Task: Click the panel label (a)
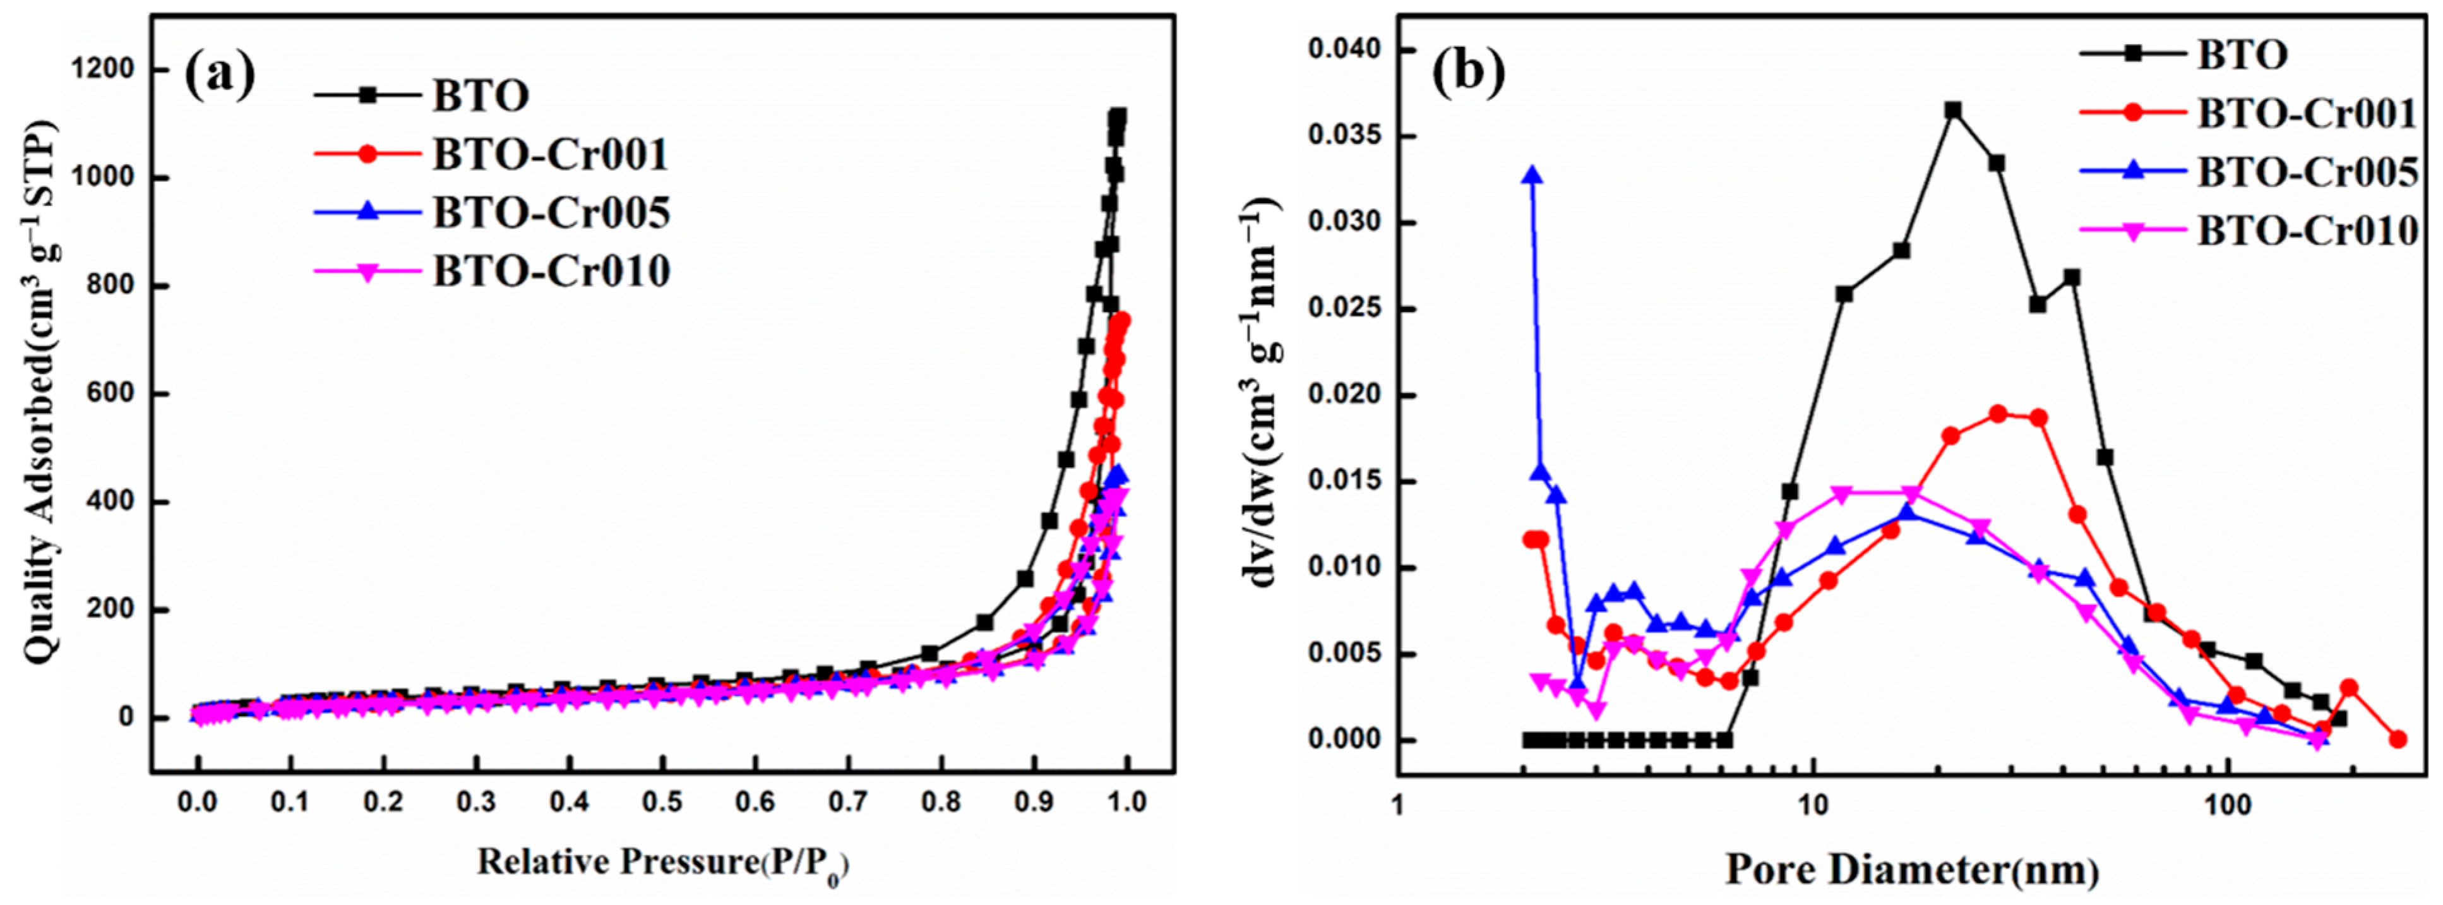click(219, 76)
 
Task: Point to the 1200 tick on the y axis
click(102, 70)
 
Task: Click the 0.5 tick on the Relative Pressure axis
click(662, 801)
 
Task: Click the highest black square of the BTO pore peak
click(1952, 110)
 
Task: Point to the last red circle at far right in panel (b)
click(2398, 739)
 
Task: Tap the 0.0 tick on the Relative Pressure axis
click(197, 801)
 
